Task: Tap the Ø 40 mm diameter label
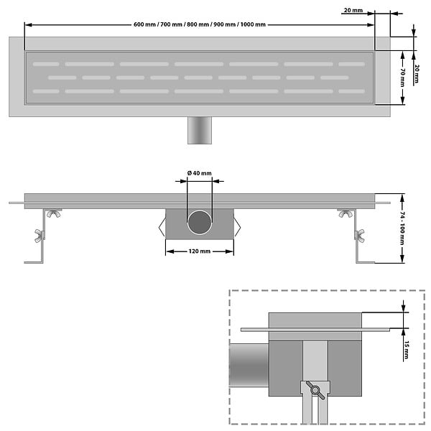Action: pos(200,173)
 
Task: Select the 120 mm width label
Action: pos(200,251)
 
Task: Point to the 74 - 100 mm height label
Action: pos(402,228)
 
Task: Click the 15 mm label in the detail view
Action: pos(407,350)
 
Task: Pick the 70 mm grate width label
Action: pos(402,78)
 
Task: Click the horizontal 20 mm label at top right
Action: pos(353,10)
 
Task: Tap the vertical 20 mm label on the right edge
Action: pos(417,74)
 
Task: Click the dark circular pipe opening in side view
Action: pos(200,223)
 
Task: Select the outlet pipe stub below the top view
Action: pos(200,130)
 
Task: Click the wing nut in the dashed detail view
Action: pos(315,390)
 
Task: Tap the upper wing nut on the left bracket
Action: pos(54,213)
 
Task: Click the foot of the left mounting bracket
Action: pos(34,262)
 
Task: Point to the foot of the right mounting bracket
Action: pos(366,262)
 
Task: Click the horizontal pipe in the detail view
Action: pos(249,365)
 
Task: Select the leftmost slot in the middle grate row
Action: pos(62,78)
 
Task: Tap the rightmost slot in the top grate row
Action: pos(352,65)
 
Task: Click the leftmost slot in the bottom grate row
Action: pos(46,91)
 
